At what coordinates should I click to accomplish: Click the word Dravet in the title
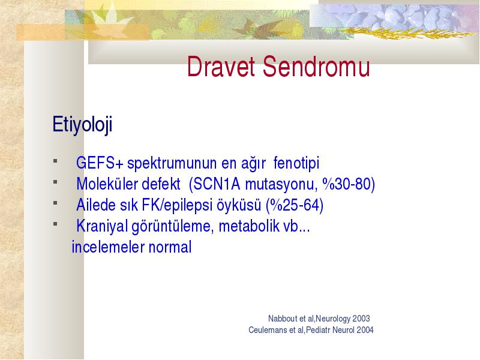click(221, 67)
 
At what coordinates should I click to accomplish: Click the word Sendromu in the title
click(317, 67)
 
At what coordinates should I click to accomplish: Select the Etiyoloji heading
click(82, 125)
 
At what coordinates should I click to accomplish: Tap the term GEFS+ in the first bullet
click(100, 163)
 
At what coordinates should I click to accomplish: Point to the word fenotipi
click(296, 163)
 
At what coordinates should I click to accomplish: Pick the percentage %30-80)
click(349, 184)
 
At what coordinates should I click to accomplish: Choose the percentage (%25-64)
click(295, 205)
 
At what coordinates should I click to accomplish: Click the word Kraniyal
click(101, 226)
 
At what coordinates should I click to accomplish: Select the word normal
click(170, 247)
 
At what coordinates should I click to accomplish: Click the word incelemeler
click(108, 247)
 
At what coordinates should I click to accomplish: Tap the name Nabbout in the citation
click(283, 319)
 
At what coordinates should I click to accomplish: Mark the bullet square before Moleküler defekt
click(55, 182)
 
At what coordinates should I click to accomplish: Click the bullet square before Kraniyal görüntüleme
click(55, 224)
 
